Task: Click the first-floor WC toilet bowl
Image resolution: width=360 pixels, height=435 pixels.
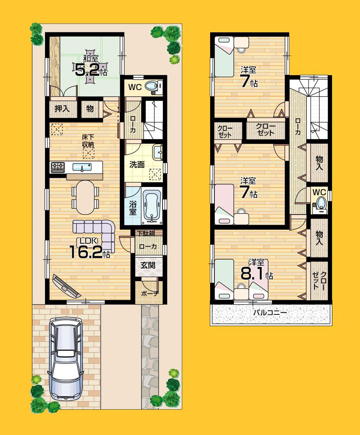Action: (150, 87)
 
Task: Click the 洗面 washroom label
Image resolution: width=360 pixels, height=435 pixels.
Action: (137, 165)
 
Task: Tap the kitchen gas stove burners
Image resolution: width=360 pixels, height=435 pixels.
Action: (58, 167)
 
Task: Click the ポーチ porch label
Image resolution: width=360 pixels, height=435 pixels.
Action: (148, 293)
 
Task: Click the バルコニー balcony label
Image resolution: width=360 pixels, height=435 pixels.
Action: (270, 312)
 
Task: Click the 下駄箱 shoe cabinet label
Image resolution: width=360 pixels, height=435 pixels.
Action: (147, 233)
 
